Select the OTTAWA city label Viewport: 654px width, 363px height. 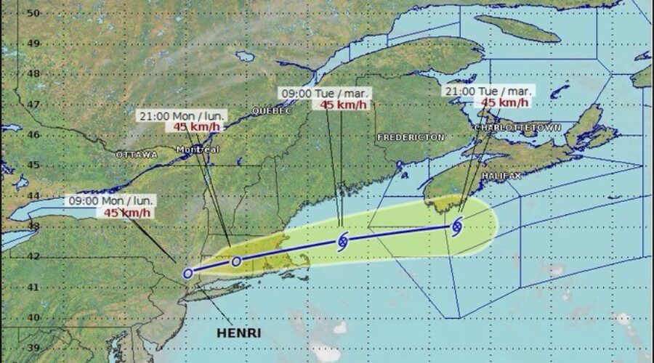tap(136, 155)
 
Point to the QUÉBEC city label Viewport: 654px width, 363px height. tap(271, 111)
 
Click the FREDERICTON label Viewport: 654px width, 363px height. tap(411, 137)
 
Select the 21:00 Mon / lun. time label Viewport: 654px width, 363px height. tap(182, 115)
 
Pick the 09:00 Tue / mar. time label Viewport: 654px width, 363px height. tap(326, 93)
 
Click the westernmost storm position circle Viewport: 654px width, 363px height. tap(188, 274)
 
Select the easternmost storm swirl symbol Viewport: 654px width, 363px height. tap(456, 227)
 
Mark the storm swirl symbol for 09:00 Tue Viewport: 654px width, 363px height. tap(343, 241)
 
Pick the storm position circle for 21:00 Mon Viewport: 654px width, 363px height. tap(235, 261)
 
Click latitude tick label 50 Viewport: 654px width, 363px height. tap(32, 12)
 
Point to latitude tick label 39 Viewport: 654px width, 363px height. tap(32, 347)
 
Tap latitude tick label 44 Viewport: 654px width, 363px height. tap(32, 195)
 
